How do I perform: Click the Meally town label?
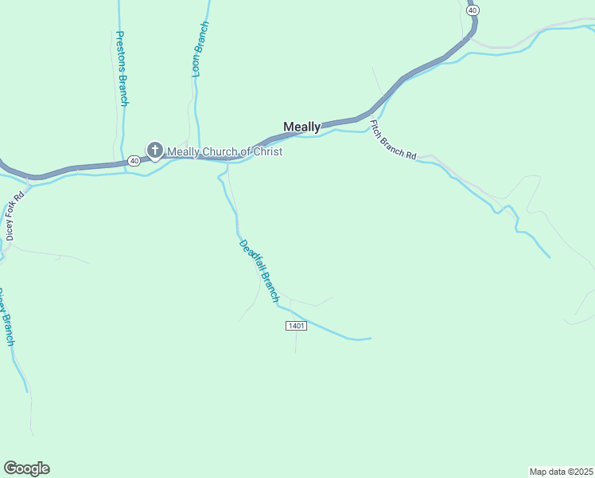302,127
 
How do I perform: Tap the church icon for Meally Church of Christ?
154,150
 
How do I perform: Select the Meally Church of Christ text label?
224,151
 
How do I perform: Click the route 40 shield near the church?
134,161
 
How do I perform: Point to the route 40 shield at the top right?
473,10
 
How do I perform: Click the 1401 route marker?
295,327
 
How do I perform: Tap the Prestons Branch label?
122,69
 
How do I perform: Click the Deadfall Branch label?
259,271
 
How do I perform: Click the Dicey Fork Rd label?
15,214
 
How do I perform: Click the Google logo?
26,468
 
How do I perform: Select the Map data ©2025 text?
561,471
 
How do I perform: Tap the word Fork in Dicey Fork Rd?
15,211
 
